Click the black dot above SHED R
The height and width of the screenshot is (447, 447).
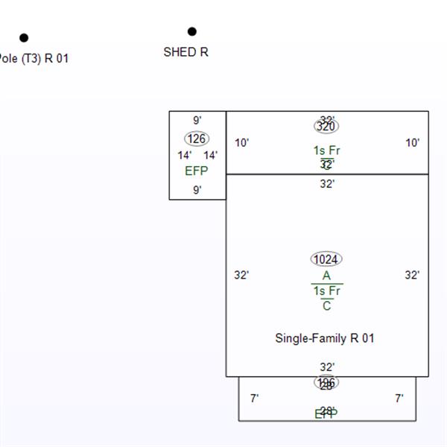point(192,31)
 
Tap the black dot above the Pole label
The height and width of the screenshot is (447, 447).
point(24,37)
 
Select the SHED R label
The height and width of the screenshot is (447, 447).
point(186,52)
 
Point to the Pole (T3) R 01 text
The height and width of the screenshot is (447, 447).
point(34,58)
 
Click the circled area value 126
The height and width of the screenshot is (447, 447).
point(197,139)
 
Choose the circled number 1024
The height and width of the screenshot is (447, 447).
point(326,259)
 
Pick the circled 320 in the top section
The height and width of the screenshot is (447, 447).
point(326,126)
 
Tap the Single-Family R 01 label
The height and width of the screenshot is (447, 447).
point(325,338)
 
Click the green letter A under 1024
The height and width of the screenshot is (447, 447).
point(326,276)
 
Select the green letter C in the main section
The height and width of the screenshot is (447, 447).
point(326,306)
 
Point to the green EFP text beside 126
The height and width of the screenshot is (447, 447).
point(197,171)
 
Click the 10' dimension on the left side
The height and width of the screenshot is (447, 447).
point(242,143)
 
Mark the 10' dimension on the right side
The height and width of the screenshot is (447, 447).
point(413,143)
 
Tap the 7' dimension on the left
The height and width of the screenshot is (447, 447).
point(254,399)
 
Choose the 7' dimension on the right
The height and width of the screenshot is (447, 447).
point(399,399)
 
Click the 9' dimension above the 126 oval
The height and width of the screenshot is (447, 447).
point(197,120)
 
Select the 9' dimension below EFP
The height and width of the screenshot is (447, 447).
point(197,190)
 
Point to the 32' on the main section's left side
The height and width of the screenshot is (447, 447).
point(241,275)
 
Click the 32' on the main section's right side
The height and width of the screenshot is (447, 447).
point(413,275)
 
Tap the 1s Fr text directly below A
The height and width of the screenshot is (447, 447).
point(326,291)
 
